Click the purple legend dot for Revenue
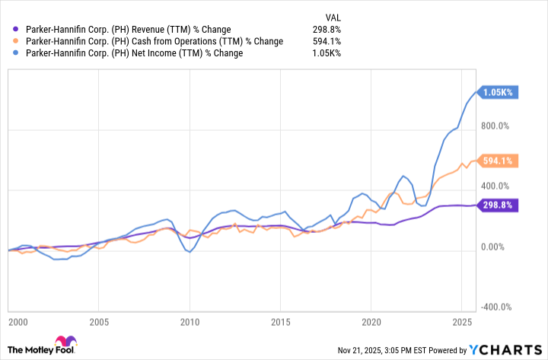[x=18, y=29]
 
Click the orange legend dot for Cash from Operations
[x=18, y=41]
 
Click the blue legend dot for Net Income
[x=18, y=53]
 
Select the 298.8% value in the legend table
[x=325, y=29]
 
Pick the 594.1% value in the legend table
[x=325, y=41]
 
